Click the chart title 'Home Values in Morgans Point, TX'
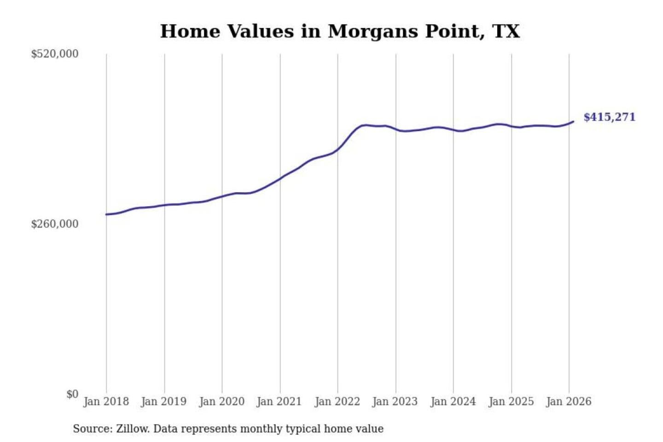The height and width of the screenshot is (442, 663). [x=340, y=31]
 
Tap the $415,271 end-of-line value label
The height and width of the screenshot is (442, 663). [x=609, y=117]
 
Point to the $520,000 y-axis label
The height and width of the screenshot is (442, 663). [x=55, y=54]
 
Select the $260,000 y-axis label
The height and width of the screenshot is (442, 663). [x=55, y=224]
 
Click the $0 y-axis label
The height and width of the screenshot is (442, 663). [x=72, y=394]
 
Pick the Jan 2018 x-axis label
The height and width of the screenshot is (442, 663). [x=106, y=401]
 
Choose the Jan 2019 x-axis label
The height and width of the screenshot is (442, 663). [x=164, y=401]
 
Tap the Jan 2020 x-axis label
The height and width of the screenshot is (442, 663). [x=221, y=401]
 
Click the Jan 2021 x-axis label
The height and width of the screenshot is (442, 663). [x=279, y=401]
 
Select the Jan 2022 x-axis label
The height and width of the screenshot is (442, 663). [x=337, y=401]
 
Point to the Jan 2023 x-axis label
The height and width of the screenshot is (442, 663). [x=395, y=401]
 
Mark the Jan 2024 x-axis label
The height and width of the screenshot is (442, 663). [x=453, y=401]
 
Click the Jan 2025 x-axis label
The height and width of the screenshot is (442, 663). [x=511, y=401]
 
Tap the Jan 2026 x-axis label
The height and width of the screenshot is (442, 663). [x=569, y=401]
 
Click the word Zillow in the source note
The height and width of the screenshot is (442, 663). [x=132, y=429]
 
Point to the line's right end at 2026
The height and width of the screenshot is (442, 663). [x=573, y=122]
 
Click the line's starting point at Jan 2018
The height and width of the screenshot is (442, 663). [x=106, y=215]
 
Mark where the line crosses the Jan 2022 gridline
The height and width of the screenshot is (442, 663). [x=337, y=150]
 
